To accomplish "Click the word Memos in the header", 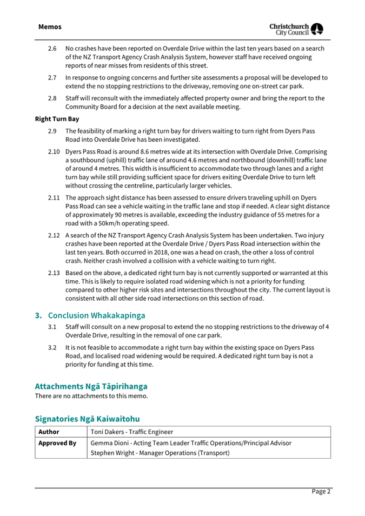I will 50,27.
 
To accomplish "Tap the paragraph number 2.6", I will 52,49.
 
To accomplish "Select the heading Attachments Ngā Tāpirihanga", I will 91,386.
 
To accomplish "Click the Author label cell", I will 49,432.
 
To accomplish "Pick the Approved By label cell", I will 57,443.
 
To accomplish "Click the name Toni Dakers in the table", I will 109,432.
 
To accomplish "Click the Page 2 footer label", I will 321,491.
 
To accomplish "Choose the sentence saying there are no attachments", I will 91,396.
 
